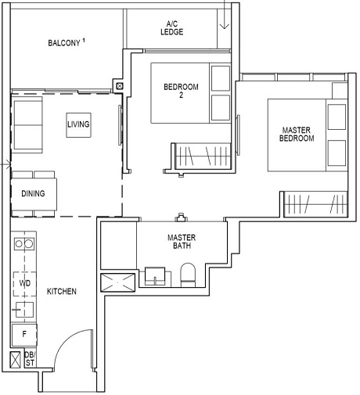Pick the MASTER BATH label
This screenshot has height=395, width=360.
[181, 242]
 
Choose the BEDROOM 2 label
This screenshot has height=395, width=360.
[180, 92]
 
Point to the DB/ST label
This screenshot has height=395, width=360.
[31, 359]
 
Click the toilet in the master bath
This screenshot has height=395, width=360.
[188, 276]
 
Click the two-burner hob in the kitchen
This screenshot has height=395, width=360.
[23, 243]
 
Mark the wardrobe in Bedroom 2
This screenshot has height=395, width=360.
[196, 155]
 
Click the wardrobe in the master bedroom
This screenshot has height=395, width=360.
[315, 204]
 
